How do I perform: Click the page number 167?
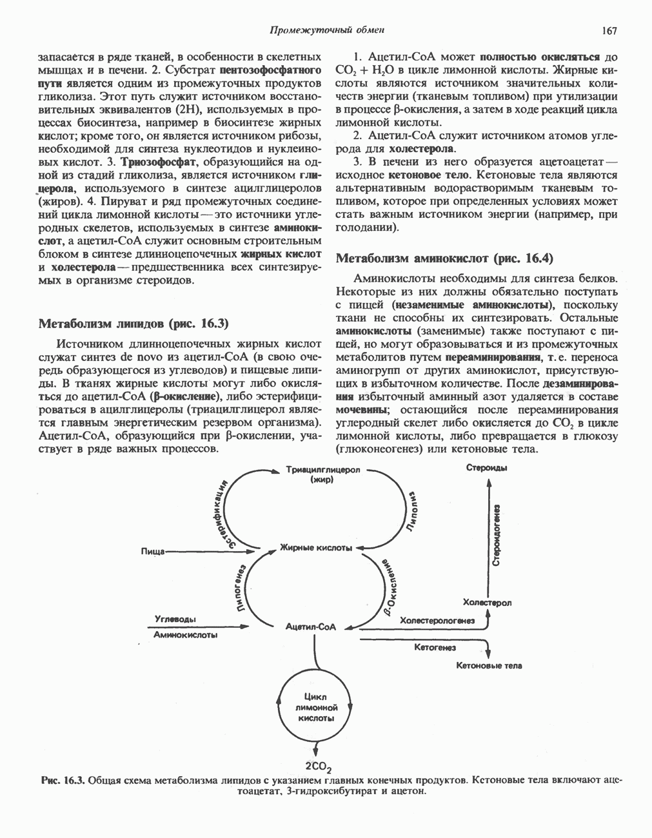point(609,30)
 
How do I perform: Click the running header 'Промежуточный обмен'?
point(327,30)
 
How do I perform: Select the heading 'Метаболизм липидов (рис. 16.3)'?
point(134,323)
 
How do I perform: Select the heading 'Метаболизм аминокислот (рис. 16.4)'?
point(445,258)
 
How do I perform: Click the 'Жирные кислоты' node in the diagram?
point(316,548)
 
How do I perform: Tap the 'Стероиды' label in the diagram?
point(486,468)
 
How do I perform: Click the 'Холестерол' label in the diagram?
point(487,603)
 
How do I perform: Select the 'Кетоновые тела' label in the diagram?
point(489,665)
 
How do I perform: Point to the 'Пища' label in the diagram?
point(153,551)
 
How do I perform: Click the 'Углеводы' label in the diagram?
point(175,619)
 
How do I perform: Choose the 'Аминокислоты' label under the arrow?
point(185,634)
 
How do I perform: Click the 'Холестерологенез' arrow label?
point(437,620)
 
